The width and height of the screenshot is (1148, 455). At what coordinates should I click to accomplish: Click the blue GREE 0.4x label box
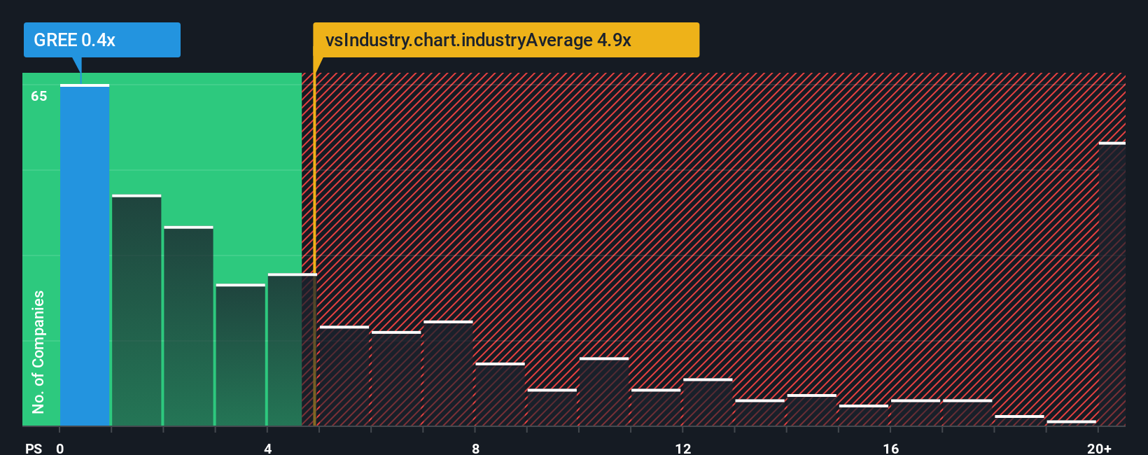click(101, 40)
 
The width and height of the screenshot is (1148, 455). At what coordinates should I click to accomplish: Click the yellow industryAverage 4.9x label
click(505, 40)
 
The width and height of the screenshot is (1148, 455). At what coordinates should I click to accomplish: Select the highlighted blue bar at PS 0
click(85, 255)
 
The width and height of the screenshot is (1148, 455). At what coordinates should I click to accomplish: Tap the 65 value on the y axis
click(39, 96)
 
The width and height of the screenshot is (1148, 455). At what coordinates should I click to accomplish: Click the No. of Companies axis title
click(38, 351)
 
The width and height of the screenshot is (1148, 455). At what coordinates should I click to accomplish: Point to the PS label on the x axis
click(34, 448)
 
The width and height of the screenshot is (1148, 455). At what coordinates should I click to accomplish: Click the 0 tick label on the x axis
click(60, 448)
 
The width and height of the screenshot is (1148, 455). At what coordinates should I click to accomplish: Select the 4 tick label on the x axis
click(268, 448)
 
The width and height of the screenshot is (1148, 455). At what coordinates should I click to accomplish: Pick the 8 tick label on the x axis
click(475, 448)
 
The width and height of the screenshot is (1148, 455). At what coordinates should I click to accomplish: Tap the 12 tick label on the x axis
click(683, 448)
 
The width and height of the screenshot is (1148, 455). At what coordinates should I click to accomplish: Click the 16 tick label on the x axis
click(890, 448)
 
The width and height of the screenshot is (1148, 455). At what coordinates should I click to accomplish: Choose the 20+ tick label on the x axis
click(1099, 448)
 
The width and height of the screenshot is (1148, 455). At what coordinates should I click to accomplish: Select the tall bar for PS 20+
click(1112, 283)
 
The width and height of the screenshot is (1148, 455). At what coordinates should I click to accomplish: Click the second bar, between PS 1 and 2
click(136, 310)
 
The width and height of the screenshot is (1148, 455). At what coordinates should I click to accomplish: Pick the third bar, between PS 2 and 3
click(188, 326)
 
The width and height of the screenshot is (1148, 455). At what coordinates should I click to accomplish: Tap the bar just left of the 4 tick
click(240, 355)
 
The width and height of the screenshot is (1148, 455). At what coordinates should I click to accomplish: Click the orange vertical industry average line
click(314, 245)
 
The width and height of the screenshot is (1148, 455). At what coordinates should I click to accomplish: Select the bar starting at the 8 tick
click(500, 394)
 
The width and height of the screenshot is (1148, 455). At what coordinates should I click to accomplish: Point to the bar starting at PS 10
click(603, 391)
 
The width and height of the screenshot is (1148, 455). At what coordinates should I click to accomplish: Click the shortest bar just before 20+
click(1071, 423)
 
